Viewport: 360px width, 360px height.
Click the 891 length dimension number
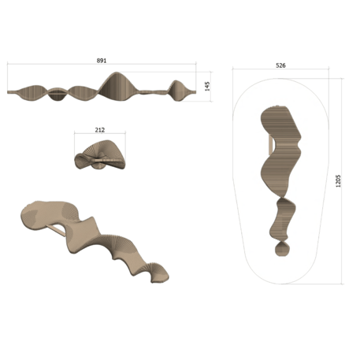tap(102, 61)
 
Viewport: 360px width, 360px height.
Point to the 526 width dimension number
tap(280, 65)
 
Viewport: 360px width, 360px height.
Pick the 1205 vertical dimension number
tap(338, 180)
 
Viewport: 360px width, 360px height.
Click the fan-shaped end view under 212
tap(99, 154)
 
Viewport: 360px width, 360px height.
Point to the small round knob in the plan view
tap(281, 250)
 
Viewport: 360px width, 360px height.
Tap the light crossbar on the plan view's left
tap(270, 146)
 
